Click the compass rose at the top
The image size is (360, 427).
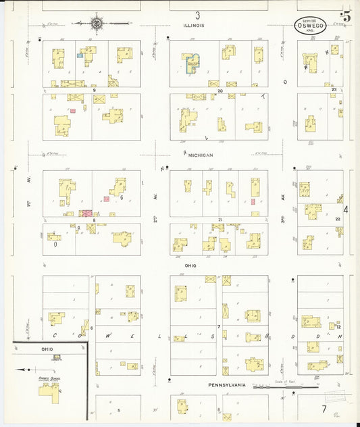point(97,24)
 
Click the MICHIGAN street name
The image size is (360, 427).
point(201,155)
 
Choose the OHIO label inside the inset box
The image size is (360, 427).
point(47,349)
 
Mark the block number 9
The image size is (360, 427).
point(95,90)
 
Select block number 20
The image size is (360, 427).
point(220,90)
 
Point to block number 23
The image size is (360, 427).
point(334,89)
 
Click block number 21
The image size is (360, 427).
point(220,220)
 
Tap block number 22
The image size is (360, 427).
point(337,220)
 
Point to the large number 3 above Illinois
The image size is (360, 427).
point(198,15)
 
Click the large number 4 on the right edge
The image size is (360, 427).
point(345,209)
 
